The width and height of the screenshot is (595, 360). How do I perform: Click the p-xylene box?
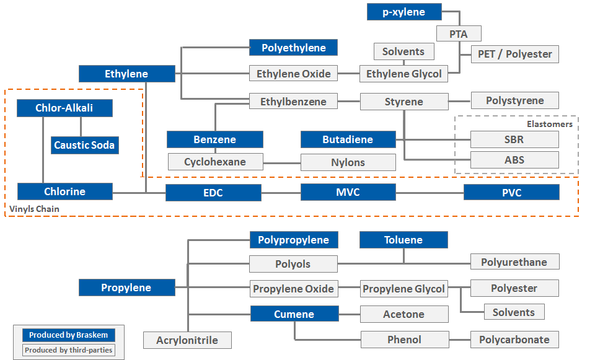pos(404,12)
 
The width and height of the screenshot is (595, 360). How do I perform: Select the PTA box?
pos(459,34)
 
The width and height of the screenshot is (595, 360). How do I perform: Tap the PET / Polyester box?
pos(514,54)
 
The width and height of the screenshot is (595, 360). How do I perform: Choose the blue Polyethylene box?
pos(294,48)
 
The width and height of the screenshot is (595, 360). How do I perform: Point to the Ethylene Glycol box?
pos(403,74)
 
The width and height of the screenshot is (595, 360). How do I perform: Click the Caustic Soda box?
pos(84,145)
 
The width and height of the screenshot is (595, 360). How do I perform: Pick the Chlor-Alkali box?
pos(64,108)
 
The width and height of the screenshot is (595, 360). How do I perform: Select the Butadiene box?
pos(348,139)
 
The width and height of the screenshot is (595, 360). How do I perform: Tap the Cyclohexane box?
pos(215,162)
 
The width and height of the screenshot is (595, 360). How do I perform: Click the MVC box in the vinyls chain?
pos(348,192)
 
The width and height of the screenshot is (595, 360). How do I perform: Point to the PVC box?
pos(511,192)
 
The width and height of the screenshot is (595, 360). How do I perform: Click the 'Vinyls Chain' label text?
pos(35,209)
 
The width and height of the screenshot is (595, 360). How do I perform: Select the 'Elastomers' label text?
pos(549,124)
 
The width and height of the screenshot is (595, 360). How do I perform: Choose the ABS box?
pos(514,160)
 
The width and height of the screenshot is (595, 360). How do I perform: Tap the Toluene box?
pos(403,240)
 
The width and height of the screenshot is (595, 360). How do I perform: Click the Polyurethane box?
pos(514,262)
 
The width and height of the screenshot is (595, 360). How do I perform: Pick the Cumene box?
pos(294,314)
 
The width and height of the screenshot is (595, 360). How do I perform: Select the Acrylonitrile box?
pos(188,340)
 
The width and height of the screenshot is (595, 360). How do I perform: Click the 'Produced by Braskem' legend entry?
pos(68,335)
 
